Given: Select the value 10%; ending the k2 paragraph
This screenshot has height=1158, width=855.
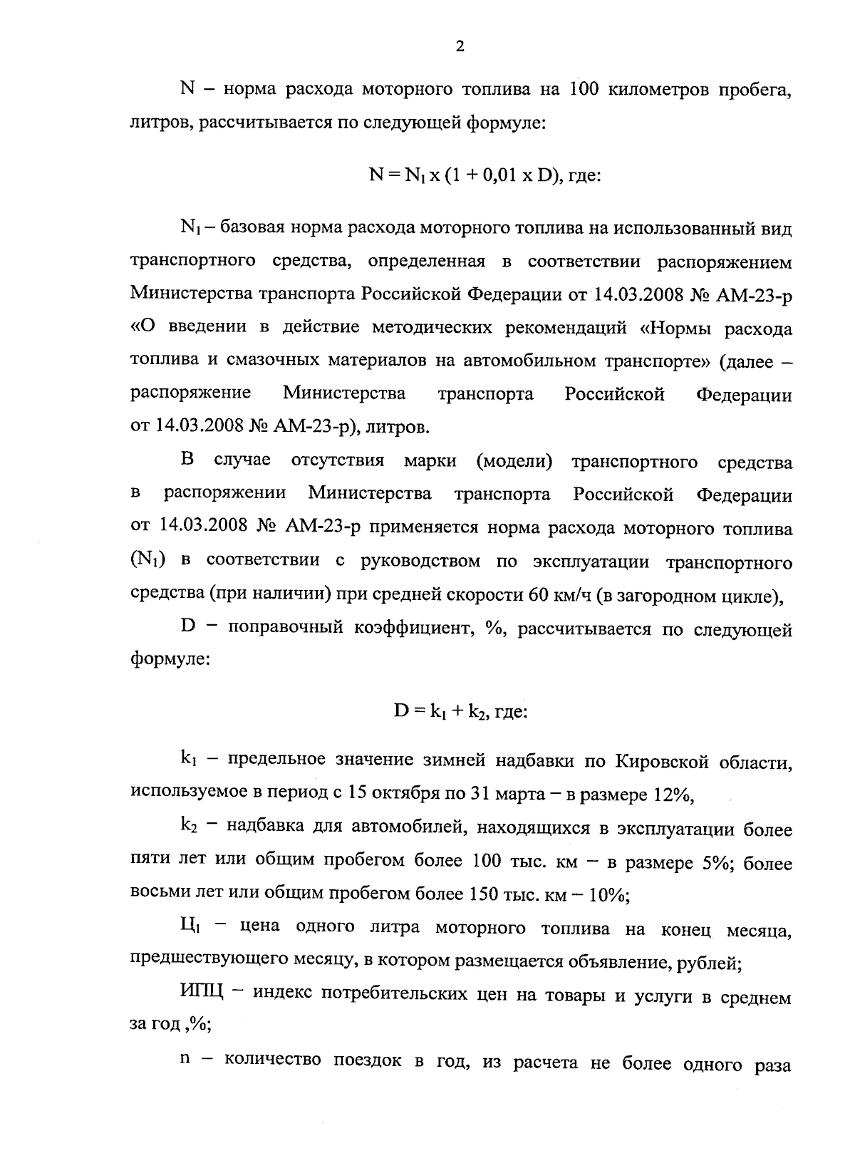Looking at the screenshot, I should [x=608, y=895].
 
